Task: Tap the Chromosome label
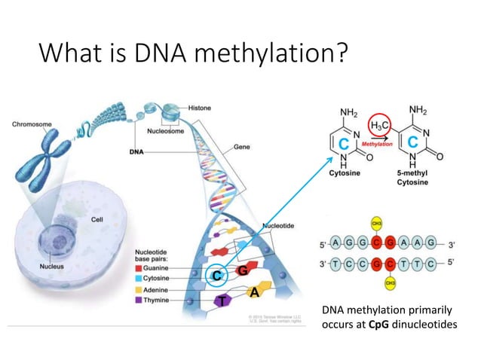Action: pos(31,122)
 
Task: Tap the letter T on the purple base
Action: pos(221,301)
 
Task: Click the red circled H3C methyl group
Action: pos(378,127)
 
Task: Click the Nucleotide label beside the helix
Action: pos(277,226)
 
